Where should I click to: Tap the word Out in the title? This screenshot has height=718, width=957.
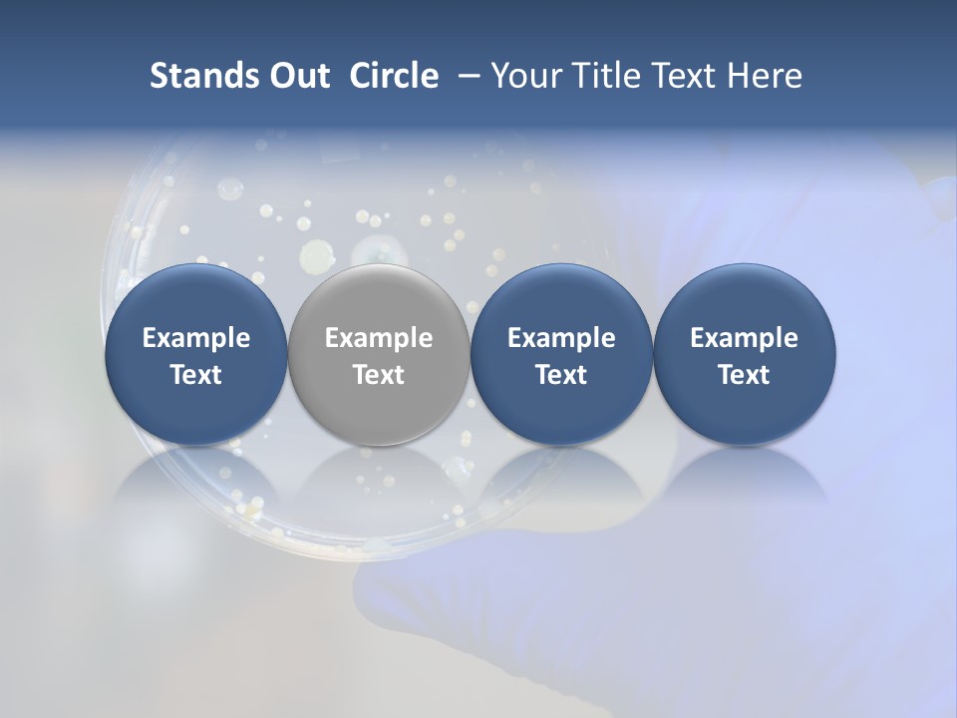coord(298,76)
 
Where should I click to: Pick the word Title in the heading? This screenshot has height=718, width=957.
coord(604,76)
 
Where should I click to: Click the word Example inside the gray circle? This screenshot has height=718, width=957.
coord(379,338)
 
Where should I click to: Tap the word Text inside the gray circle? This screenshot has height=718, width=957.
coord(379,375)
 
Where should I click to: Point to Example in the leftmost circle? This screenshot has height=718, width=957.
coord(196,338)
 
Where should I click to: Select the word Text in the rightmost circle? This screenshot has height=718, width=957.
coord(745,375)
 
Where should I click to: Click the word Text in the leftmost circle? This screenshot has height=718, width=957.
coord(196,375)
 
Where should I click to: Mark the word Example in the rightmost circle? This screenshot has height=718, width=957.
coord(745,338)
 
